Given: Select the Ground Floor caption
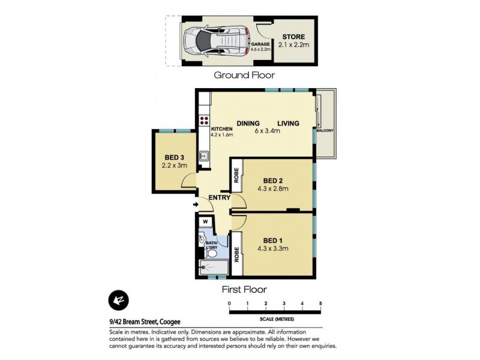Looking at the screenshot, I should click(x=244, y=76).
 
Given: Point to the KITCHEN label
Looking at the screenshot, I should click(x=221, y=128).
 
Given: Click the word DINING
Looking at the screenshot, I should click(x=247, y=124).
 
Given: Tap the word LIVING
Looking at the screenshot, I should click(x=287, y=124).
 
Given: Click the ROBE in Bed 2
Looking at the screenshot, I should click(x=236, y=175).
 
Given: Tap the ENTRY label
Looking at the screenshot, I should click(x=220, y=197).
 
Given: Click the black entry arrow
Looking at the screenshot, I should click(x=196, y=206).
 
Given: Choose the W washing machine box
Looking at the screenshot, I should click(x=205, y=222).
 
